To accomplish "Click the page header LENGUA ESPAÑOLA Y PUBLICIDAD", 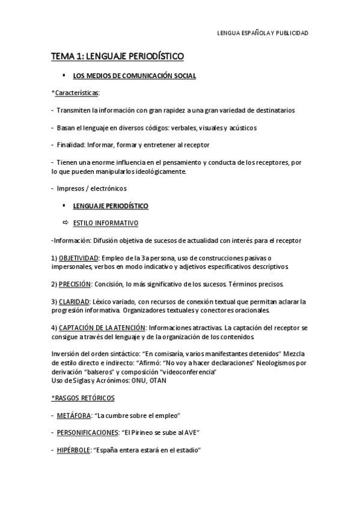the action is click(x=262, y=34).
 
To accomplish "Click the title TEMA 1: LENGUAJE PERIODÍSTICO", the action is click(x=117, y=57).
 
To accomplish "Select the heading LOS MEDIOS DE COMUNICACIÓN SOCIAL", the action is click(x=134, y=76).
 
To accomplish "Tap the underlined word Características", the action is click(x=77, y=93).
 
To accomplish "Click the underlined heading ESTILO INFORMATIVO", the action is click(x=105, y=223).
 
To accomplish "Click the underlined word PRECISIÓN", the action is click(x=75, y=284).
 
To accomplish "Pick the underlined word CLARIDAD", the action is click(x=74, y=301).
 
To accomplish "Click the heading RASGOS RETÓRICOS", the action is click(x=84, y=398).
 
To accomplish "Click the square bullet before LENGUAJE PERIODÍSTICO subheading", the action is click(x=64, y=205).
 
